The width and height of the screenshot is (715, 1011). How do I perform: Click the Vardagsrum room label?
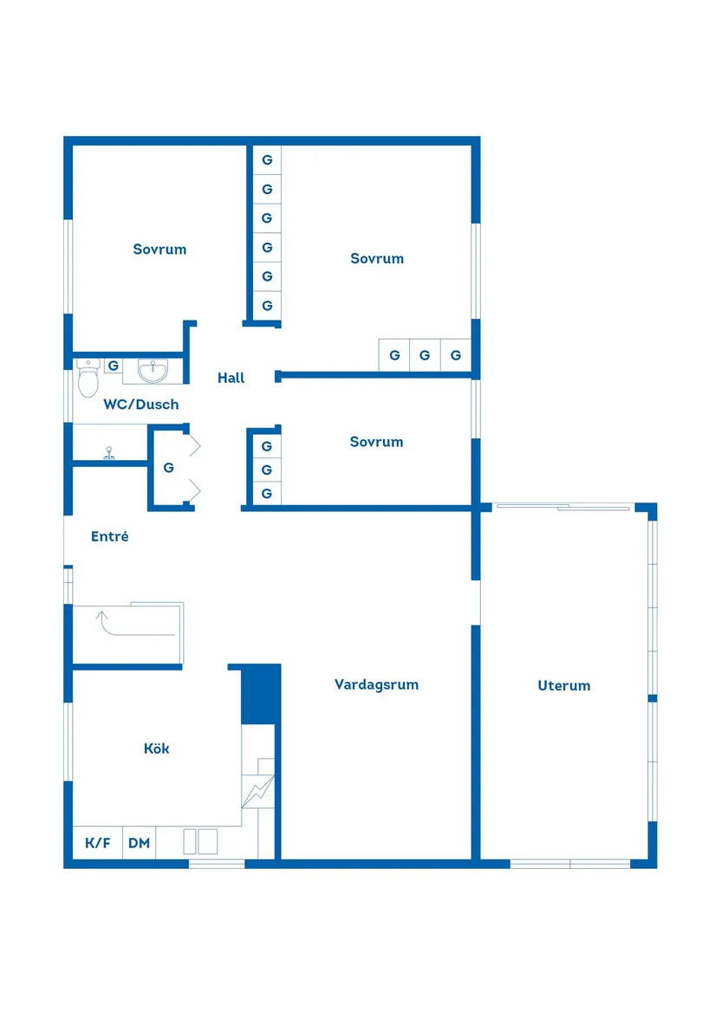tap(376, 684)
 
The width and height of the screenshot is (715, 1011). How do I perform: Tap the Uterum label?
tap(563, 685)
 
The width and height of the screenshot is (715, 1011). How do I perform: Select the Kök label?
tap(157, 749)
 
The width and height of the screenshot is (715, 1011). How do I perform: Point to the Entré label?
tap(110, 536)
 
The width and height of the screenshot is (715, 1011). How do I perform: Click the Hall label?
tap(231, 378)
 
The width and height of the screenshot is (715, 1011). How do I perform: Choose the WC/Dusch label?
tap(140, 404)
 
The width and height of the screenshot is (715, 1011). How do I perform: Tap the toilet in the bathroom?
tap(88, 379)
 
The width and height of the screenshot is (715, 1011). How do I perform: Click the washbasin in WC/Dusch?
tap(153, 371)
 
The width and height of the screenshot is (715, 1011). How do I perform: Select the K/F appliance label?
tap(97, 843)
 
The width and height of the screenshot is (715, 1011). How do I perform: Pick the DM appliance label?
tap(139, 843)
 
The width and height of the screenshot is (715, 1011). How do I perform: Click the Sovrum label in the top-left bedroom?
tap(159, 250)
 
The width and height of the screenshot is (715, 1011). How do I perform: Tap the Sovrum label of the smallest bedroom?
tap(376, 442)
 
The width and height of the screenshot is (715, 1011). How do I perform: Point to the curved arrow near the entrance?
tap(104, 619)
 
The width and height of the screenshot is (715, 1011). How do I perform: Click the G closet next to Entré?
tap(169, 468)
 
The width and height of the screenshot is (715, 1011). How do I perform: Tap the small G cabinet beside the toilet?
tap(113, 366)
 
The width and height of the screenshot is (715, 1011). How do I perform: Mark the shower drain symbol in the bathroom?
tap(110, 451)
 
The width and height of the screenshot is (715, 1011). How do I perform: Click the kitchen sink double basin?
tap(200, 842)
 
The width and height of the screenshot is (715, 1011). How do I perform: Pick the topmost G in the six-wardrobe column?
tap(267, 159)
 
